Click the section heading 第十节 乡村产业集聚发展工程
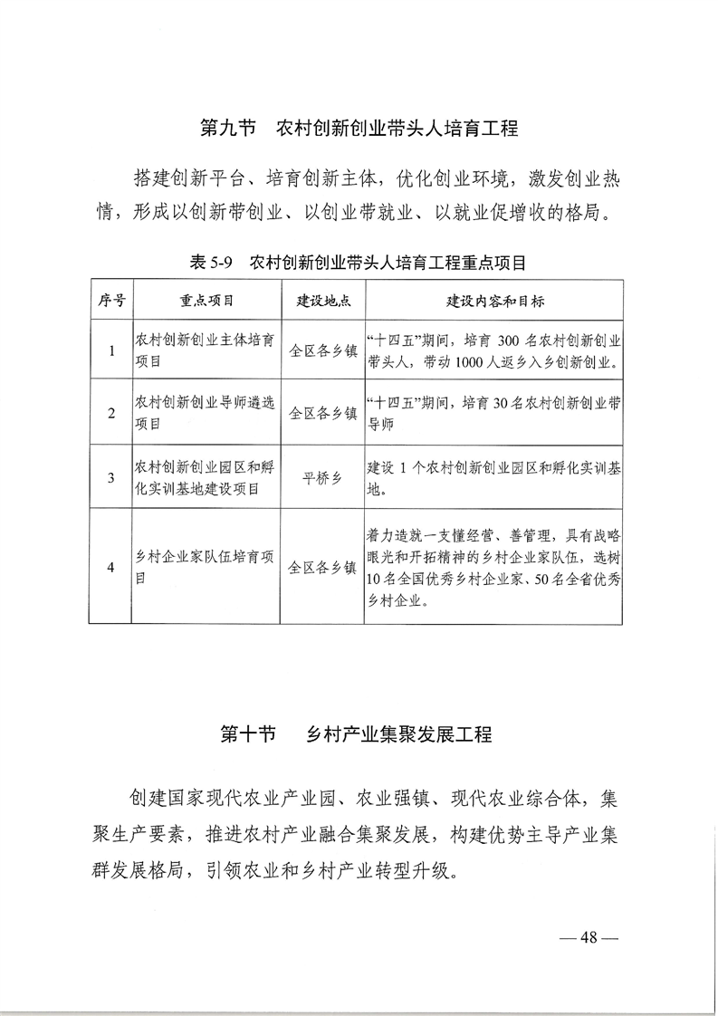(357, 734)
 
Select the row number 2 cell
(110, 413)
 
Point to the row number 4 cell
(110, 567)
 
